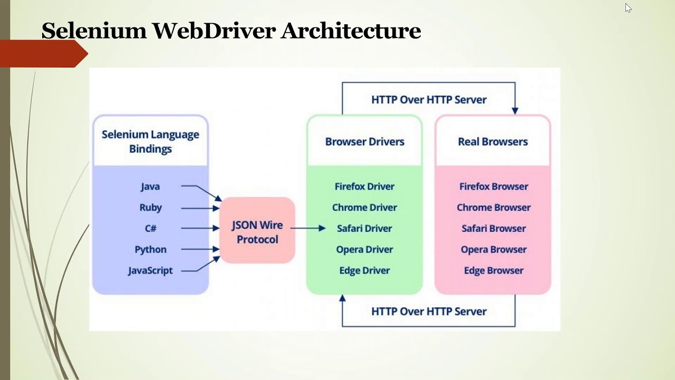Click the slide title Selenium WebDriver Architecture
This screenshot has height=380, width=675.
231,31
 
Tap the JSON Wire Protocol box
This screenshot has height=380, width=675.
257,232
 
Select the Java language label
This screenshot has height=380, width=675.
150,186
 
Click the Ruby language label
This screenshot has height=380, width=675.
151,207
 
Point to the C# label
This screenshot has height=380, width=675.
151,229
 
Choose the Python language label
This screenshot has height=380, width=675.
150,249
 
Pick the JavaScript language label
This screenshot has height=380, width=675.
150,270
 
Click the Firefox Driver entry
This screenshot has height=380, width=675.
364,186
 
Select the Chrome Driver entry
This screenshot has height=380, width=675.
364,207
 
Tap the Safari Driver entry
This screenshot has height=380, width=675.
364,229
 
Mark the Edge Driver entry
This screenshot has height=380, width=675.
364,270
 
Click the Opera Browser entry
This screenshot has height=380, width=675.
494,249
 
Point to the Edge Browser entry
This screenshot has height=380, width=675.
494,270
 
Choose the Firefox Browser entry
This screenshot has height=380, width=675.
494,186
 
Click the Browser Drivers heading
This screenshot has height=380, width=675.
364,141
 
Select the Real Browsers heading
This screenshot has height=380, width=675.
493,141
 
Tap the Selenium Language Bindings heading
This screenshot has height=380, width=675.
150,141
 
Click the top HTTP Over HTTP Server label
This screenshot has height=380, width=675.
429,100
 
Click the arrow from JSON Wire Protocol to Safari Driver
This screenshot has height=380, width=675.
308,228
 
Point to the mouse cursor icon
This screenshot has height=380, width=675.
628,8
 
